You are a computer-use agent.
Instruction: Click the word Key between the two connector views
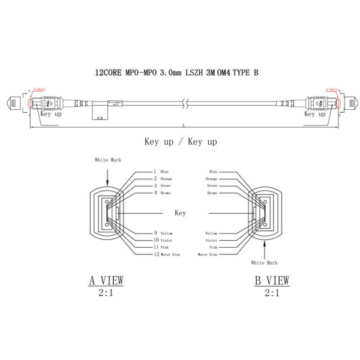click(x=180, y=213)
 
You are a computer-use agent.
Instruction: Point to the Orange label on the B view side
click(x=211, y=179)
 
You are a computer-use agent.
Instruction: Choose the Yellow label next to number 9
click(x=166, y=233)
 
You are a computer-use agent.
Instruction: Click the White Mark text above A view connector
click(x=107, y=160)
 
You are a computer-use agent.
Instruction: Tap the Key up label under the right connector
click(x=316, y=113)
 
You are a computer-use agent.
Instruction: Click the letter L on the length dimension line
click(x=184, y=125)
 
